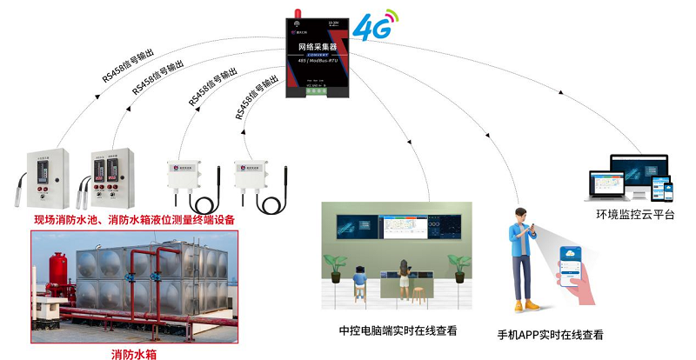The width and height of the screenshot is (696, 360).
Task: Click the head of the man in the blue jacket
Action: (521, 216)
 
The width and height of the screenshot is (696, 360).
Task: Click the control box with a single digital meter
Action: (44, 169)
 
